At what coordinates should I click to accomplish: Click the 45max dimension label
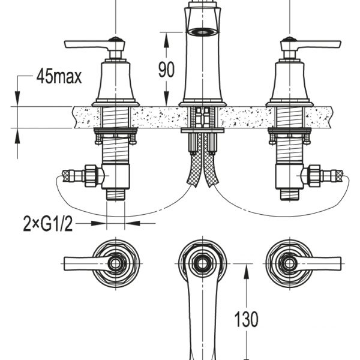pyautogui.click(x=59, y=76)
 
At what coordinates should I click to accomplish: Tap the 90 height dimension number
pyautogui.click(x=166, y=69)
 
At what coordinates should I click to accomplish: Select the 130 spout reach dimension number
pyautogui.click(x=246, y=319)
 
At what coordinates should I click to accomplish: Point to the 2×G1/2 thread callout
pyautogui.click(x=48, y=224)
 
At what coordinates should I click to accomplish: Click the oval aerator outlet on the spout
pyautogui.click(x=203, y=32)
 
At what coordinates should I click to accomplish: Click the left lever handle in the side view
pyautogui.click(x=94, y=44)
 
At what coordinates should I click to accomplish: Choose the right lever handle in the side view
pyautogui.click(x=311, y=44)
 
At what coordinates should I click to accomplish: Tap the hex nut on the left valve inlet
pyautogui.click(x=91, y=176)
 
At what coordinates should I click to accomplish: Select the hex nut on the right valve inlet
pyautogui.click(x=314, y=176)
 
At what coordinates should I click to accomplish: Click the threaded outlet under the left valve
pyautogui.click(x=115, y=194)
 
